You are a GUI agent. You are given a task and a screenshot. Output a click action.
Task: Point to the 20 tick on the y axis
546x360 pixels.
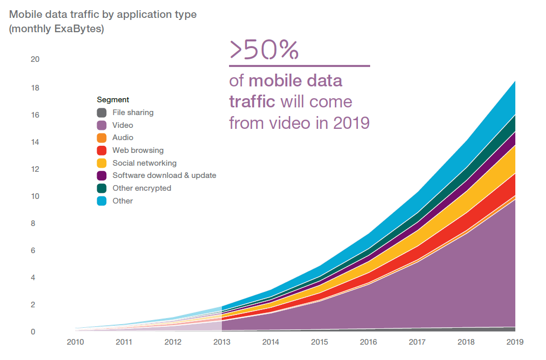tap(35, 59)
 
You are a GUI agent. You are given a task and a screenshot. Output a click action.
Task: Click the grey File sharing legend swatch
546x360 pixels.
tap(102, 112)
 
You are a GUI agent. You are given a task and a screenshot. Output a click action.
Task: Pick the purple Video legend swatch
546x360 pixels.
tap(102, 125)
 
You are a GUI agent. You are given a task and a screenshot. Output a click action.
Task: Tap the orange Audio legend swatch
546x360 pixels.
tap(102, 138)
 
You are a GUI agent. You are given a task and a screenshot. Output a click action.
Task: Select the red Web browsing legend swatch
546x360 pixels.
tap(102, 150)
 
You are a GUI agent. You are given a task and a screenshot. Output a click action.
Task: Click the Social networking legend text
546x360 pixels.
tap(144, 163)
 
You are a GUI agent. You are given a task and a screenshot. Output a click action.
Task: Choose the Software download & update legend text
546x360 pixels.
tap(164, 175)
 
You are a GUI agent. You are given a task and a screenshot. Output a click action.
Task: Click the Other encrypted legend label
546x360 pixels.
tap(142, 188)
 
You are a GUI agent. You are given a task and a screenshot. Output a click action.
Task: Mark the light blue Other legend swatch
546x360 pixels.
tap(102, 201)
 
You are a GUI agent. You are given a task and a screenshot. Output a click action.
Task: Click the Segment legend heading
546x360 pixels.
tap(113, 100)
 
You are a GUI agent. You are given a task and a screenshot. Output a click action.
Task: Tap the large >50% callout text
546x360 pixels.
tap(264, 50)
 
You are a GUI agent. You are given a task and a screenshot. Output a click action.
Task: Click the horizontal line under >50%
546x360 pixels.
tap(299, 65)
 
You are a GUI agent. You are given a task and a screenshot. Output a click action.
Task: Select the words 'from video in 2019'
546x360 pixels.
tap(299, 123)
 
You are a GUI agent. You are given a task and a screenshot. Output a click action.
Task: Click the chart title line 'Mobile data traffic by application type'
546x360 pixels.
tap(103, 14)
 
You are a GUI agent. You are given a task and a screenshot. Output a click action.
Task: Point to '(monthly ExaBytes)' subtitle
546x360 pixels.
tap(57, 29)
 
